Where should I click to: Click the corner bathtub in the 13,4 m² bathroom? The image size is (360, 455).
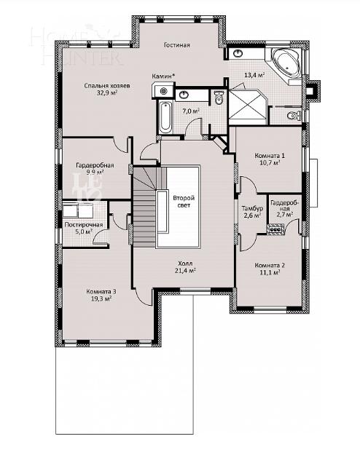[286, 63]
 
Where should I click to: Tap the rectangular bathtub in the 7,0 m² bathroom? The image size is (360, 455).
[165, 116]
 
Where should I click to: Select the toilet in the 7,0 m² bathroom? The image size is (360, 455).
[218, 99]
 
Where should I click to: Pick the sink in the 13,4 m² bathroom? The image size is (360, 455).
[238, 53]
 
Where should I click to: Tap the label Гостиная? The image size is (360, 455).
[176, 45]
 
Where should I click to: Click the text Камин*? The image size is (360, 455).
[163, 76]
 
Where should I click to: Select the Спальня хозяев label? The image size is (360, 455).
[107, 85]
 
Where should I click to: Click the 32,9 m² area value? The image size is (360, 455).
[107, 93]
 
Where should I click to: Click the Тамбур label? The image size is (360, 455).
[252, 209]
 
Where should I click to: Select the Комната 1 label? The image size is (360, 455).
[270, 157]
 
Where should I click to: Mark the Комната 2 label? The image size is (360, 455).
[270, 266]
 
